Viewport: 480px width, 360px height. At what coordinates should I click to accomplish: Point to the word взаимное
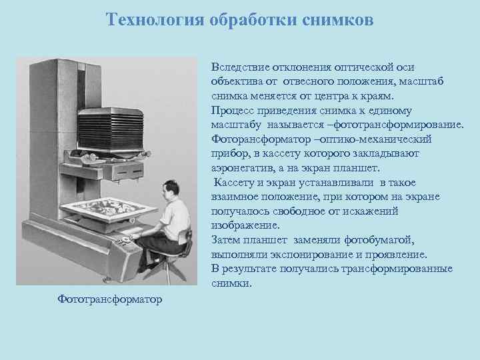[x=234, y=197]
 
